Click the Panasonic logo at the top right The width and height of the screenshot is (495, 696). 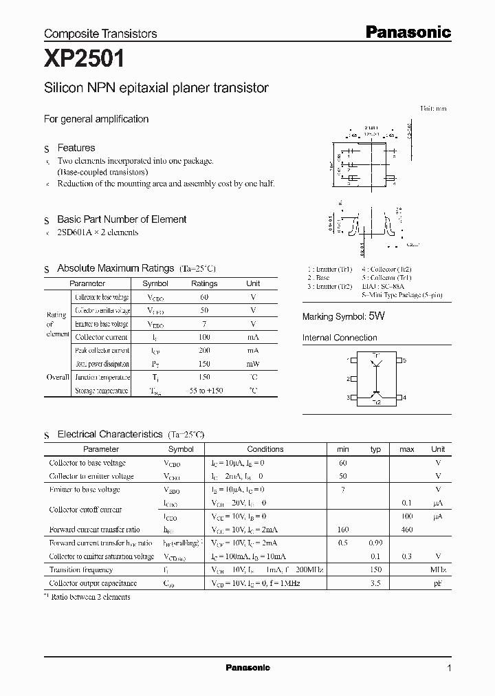point(407,32)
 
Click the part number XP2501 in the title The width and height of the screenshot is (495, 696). point(84,59)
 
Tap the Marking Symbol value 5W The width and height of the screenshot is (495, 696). point(377,316)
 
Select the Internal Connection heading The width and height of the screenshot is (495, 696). point(340,338)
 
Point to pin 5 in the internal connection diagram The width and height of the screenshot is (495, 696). point(404,360)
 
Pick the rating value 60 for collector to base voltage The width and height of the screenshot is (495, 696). point(204,297)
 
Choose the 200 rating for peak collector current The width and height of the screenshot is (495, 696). point(204,350)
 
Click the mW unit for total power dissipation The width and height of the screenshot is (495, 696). point(253,364)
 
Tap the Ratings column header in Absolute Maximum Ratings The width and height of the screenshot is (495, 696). point(204,283)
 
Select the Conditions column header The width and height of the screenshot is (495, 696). point(265,449)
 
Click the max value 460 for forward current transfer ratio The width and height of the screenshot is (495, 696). point(407,530)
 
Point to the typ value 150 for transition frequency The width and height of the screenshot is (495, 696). point(375,569)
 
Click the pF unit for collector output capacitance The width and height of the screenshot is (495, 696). point(438,583)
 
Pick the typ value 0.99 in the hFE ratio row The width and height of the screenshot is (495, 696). point(375,543)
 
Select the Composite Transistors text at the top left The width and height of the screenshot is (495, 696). point(100,34)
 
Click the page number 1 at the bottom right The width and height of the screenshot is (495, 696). point(449,668)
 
